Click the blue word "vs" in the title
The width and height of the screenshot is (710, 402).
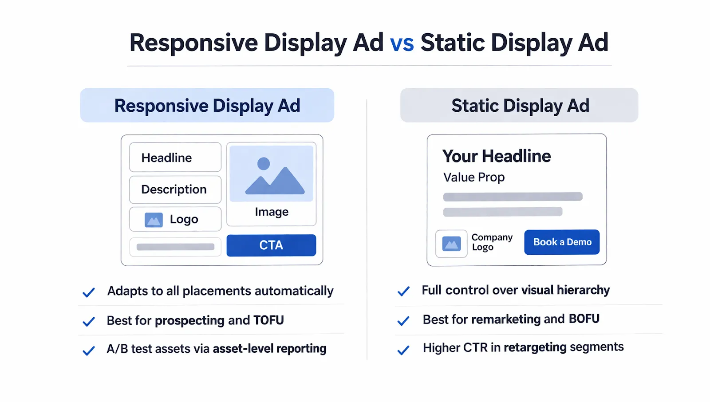pyautogui.click(x=402, y=43)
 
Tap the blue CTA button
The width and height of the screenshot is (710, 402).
pyautogui.click(x=271, y=245)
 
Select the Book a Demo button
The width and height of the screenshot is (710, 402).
pyautogui.click(x=562, y=242)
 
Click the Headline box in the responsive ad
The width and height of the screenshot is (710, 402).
pyautogui.click(x=175, y=158)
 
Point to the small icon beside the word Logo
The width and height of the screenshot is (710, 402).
pyautogui.click(x=154, y=220)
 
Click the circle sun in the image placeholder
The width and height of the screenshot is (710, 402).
pyautogui.click(x=264, y=164)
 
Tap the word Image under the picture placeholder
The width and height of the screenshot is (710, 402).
pyautogui.click(x=272, y=212)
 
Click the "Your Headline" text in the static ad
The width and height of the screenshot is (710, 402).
pyautogui.click(x=497, y=156)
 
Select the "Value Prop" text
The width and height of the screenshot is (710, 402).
pyautogui.click(x=474, y=177)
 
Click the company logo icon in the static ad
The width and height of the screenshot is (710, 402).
pyautogui.click(x=451, y=244)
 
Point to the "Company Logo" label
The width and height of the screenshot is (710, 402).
pyautogui.click(x=492, y=242)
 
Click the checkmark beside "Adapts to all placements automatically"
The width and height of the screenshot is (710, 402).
pyautogui.click(x=89, y=292)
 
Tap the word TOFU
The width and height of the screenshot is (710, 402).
pyautogui.click(x=268, y=320)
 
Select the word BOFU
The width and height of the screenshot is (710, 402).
pyautogui.click(x=584, y=319)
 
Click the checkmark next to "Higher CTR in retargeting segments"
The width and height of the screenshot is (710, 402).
pyautogui.click(x=403, y=351)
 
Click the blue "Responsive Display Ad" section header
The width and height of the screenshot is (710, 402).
pyautogui.click(x=207, y=106)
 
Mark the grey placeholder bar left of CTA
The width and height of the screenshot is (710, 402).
pyautogui.click(x=175, y=247)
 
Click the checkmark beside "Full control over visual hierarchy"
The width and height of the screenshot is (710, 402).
pyautogui.click(x=403, y=292)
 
